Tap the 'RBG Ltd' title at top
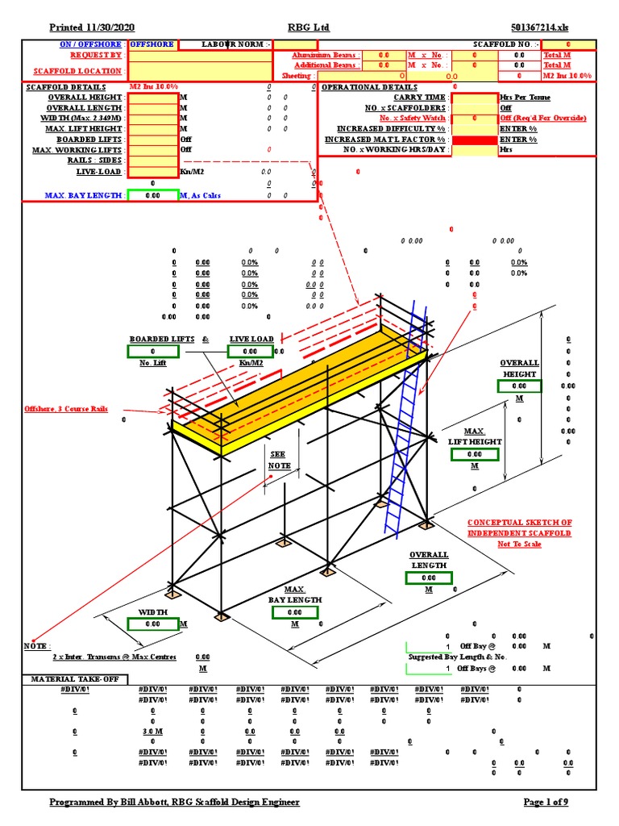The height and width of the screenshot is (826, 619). (x=308, y=27)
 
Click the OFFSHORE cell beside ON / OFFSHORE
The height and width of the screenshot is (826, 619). (x=152, y=44)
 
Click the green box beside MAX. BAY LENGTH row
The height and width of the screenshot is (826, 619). (x=152, y=195)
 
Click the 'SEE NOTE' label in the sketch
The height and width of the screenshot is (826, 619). (x=279, y=460)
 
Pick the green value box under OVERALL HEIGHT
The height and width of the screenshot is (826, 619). (x=519, y=386)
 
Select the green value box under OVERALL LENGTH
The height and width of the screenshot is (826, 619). (x=429, y=578)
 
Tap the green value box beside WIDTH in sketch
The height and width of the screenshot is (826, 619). (x=152, y=624)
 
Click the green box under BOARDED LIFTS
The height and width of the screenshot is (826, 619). (x=152, y=352)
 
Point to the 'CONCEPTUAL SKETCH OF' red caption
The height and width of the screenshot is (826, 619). (x=520, y=523)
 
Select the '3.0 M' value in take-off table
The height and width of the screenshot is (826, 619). (x=152, y=731)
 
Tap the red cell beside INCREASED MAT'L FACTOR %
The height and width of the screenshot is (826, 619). (x=474, y=140)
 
